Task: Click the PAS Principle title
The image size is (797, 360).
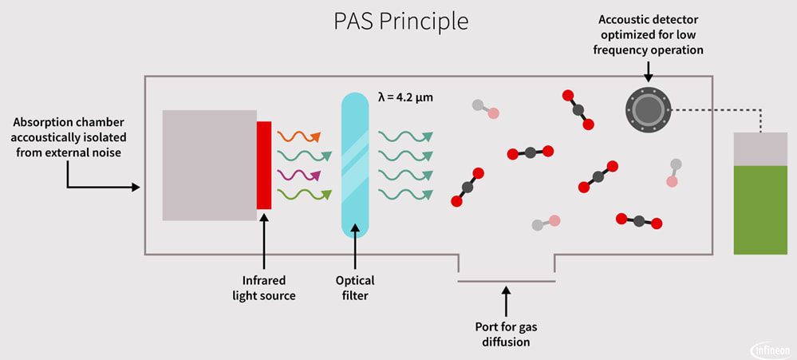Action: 400,22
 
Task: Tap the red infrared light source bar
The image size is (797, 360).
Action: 264,165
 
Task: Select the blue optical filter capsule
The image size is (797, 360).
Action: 355,165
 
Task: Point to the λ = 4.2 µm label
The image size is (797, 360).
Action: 405,99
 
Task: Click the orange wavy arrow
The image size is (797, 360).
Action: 299,135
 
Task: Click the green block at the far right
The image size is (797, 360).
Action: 760,209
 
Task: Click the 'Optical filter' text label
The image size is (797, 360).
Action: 355,288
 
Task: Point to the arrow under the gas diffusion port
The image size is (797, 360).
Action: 505,303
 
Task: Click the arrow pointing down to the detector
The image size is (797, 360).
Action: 648,71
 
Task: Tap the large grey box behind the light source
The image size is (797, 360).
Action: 209,165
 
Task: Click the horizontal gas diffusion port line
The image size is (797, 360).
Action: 506,281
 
